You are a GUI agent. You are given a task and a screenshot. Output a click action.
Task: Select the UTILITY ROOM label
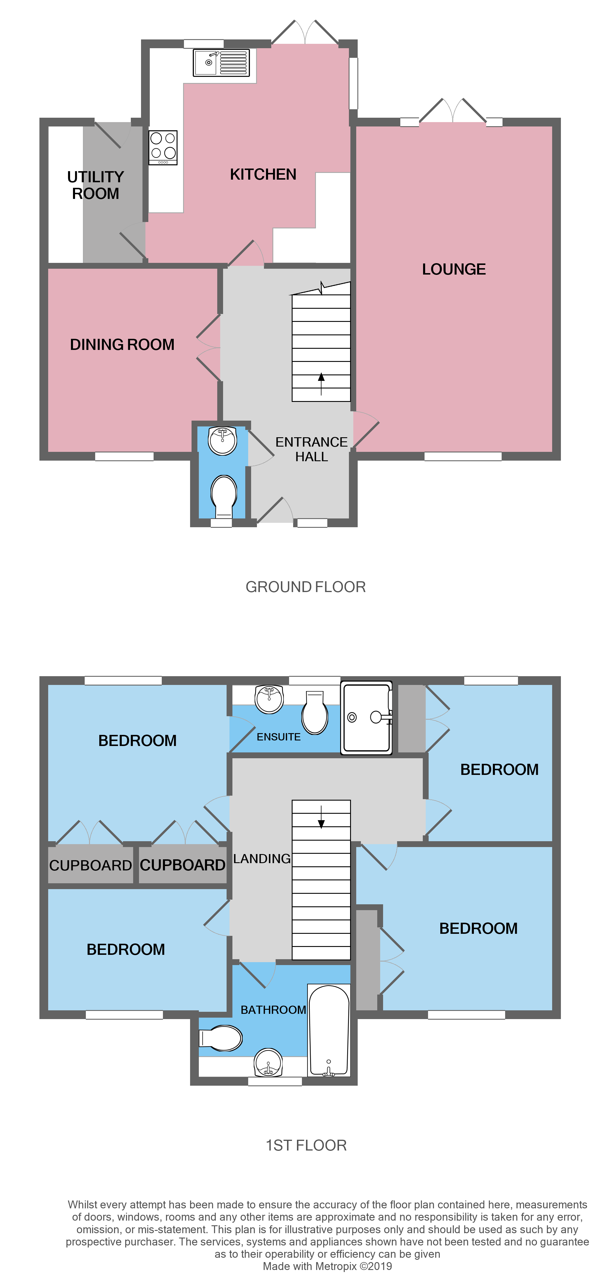pos(96,185)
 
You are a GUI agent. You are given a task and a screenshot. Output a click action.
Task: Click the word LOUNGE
pos(453,269)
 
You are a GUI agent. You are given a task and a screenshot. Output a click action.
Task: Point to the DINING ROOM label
pos(122,345)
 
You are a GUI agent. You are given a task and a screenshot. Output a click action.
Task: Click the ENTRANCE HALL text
pos(311,449)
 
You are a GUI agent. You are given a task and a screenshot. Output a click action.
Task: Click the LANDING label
pos(262,859)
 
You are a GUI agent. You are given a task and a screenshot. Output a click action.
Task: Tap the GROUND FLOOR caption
pos(305,587)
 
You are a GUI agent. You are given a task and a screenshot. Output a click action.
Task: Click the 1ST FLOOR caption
pos(306,1146)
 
